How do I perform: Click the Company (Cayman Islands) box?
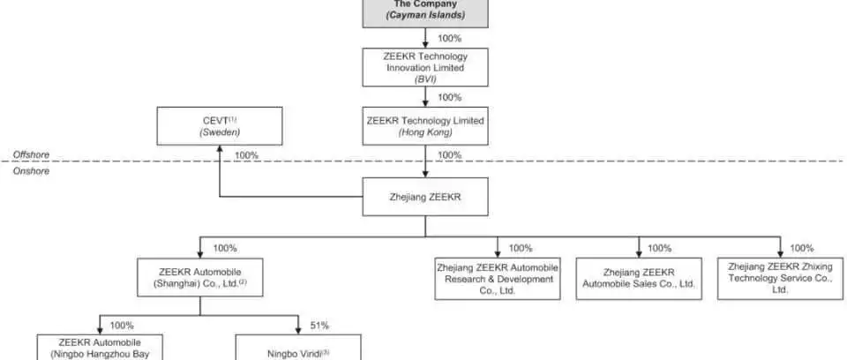[x=425, y=12]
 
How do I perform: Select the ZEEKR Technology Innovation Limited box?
[x=425, y=68]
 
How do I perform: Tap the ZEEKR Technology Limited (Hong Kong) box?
[x=425, y=126]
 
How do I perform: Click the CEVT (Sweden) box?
[x=220, y=126]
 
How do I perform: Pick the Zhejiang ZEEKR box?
[x=425, y=197]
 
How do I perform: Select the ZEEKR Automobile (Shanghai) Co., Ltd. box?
[x=200, y=277]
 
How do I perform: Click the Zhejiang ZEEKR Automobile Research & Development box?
[x=498, y=278]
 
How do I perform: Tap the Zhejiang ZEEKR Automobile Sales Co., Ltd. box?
[x=639, y=278]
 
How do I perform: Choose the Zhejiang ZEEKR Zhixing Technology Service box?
[x=781, y=278]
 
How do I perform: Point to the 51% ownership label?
[x=319, y=326]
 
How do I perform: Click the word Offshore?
[x=32, y=154]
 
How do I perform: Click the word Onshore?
[x=32, y=171]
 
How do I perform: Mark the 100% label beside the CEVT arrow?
[x=246, y=155]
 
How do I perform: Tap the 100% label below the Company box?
[x=449, y=38]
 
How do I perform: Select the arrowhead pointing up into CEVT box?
[x=220, y=149]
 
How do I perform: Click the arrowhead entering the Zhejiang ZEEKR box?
[x=425, y=174]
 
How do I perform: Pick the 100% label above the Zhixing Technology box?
[x=802, y=248]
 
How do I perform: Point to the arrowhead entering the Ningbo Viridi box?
[x=298, y=330]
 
